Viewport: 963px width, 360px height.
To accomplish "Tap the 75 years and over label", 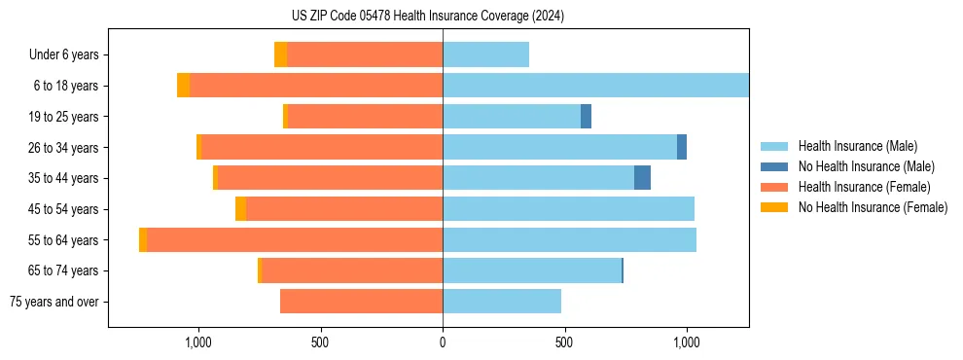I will pos(54,302).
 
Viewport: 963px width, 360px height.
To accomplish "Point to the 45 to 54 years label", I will pos(64,209).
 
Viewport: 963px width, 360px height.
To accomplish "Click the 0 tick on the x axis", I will pos(443,342).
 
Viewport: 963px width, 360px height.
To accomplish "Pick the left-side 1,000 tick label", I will pos(198,342).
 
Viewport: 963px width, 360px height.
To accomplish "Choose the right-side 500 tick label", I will pos(564,342).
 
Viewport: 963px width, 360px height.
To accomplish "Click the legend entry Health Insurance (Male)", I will pos(857,146).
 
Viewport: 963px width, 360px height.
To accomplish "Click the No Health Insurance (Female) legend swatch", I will pos(775,207).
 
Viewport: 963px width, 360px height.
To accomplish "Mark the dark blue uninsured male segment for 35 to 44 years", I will pos(642,178).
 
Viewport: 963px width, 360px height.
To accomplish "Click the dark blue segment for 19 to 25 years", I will pos(586,117).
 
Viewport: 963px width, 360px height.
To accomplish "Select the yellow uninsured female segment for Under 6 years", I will pos(280,55).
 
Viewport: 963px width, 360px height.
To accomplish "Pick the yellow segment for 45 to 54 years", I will pos(240,209).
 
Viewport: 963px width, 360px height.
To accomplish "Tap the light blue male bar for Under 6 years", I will pos(485,55).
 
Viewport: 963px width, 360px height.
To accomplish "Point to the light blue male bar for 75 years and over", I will pos(502,302).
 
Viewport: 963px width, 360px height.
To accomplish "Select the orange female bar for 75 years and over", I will pos(361,302).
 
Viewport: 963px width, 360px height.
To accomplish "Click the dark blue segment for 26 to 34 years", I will pos(682,147).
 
